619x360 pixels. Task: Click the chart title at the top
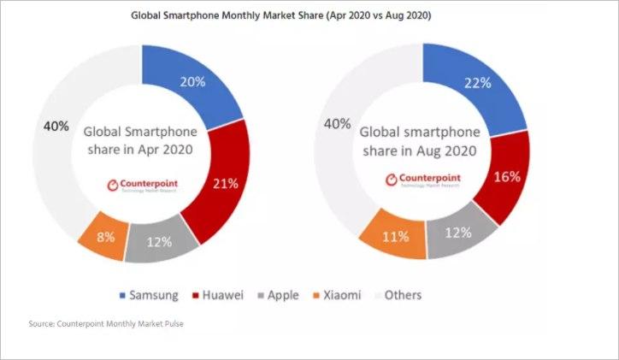tap(310, 15)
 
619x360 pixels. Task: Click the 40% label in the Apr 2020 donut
tap(56, 126)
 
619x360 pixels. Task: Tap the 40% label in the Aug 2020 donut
tap(337, 125)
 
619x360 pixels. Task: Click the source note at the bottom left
tap(98, 323)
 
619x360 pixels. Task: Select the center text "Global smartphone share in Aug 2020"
tap(421, 142)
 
